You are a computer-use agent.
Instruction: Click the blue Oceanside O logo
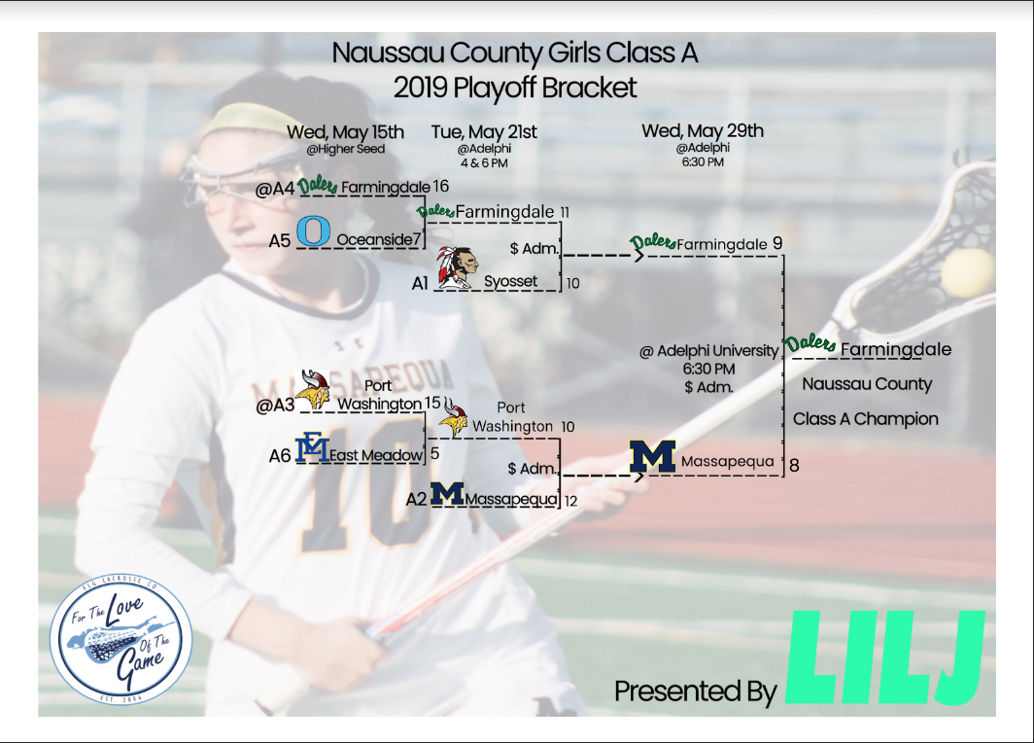313,230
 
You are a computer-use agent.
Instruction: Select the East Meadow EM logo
312,447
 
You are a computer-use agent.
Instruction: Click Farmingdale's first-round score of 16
440,187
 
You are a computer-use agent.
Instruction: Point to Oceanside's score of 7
417,239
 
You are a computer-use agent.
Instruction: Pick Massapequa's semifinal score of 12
571,501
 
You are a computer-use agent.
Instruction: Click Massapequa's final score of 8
794,465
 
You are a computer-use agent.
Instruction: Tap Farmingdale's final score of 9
777,243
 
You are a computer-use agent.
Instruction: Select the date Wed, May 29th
703,130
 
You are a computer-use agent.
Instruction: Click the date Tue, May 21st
484,132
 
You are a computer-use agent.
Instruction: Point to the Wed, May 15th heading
345,132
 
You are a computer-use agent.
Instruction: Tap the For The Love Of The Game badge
121,638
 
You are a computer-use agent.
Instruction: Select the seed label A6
280,455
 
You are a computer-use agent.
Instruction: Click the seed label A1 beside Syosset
420,283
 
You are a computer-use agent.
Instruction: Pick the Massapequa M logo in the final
652,456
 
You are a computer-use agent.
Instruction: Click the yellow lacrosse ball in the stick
967,271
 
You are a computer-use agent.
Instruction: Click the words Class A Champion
865,419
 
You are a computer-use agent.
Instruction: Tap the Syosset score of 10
572,283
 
